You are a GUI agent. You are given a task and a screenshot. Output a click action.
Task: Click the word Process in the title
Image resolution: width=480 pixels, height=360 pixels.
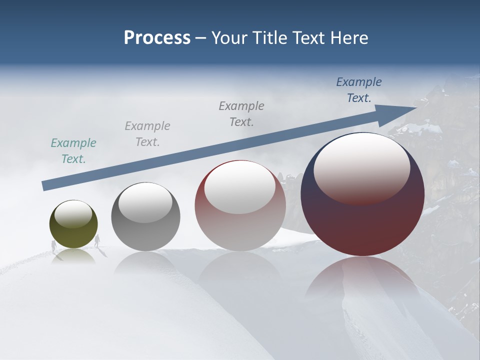click(157, 38)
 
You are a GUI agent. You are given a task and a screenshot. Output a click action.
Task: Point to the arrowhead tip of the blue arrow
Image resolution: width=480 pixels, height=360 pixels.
click(416, 107)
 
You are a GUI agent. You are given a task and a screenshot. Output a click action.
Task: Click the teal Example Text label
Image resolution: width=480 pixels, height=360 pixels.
click(73, 151)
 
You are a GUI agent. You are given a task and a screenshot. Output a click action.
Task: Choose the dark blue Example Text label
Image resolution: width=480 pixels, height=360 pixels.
click(359, 90)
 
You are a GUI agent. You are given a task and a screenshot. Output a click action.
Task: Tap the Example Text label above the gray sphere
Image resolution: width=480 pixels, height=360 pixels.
click(147, 134)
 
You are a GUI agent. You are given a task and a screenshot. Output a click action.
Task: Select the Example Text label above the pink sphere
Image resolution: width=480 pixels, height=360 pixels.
click(241, 114)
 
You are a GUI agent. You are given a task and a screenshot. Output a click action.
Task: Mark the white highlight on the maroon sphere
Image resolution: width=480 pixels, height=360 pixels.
click(361, 167)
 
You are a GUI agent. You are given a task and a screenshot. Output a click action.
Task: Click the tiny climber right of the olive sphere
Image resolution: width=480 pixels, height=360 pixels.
click(97, 240)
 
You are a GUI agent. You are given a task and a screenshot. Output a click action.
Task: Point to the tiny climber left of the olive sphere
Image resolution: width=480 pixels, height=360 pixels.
click(53, 245)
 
